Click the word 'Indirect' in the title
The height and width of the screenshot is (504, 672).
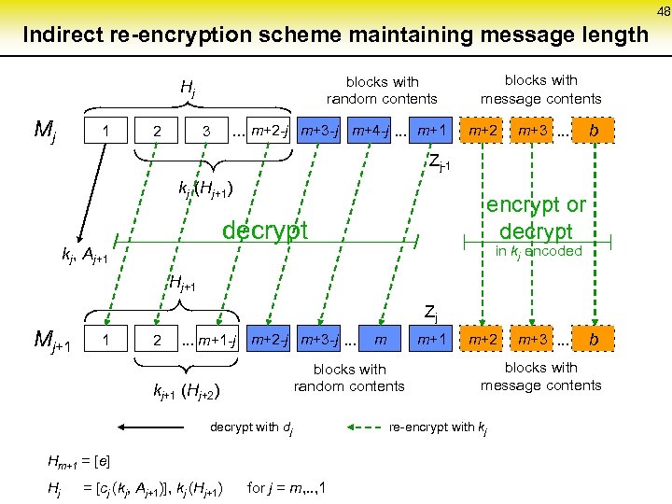(64, 35)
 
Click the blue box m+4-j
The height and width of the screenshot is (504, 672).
(370, 130)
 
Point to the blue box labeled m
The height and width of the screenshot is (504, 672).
(380, 338)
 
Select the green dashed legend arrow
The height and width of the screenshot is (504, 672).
(368, 428)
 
